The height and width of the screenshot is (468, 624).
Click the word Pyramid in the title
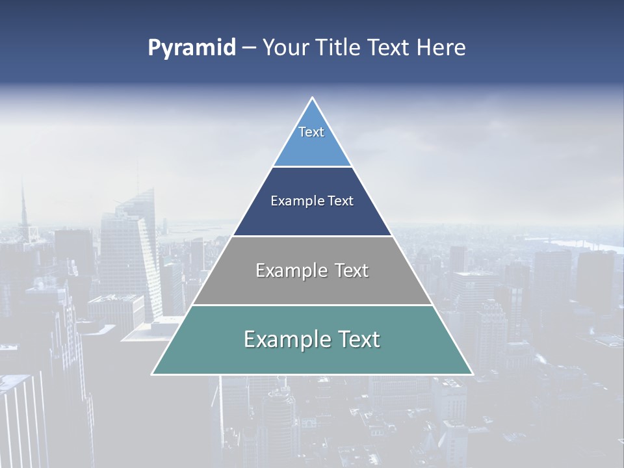tap(191, 48)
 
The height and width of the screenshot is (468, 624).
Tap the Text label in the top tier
tap(311, 132)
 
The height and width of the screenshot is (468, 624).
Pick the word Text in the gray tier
tap(352, 270)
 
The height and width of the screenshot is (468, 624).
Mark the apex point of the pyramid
tap(313, 98)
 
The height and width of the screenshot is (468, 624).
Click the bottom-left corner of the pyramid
tap(153, 374)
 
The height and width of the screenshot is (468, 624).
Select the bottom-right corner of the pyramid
tap(472, 374)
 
